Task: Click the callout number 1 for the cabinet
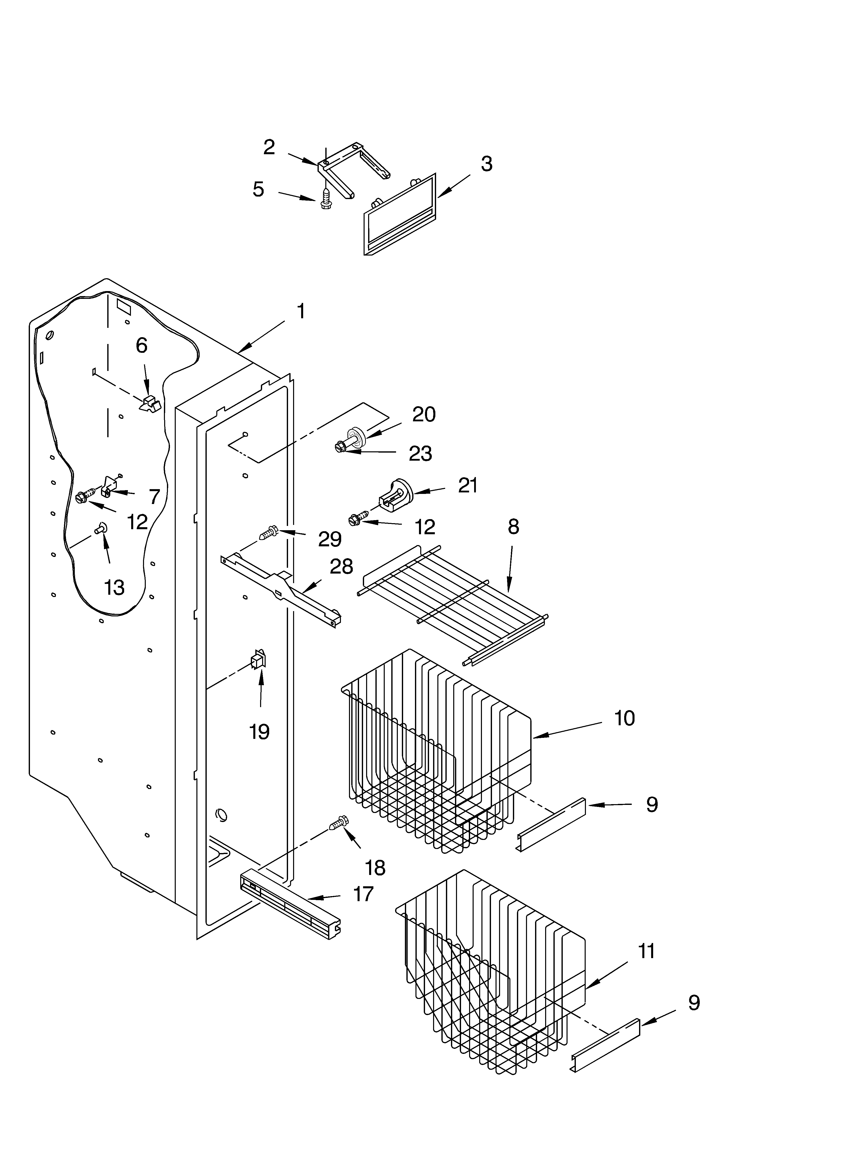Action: point(301,311)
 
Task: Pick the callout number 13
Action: point(114,587)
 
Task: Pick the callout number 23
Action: point(420,454)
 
